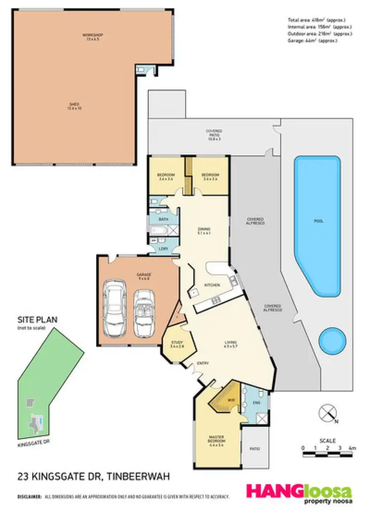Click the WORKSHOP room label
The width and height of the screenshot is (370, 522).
[x=89, y=35]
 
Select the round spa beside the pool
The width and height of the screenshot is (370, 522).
[x=331, y=341]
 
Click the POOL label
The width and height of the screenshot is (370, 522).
[x=319, y=221]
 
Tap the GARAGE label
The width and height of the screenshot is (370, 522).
[x=144, y=274]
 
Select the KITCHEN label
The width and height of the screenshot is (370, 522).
[x=213, y=285]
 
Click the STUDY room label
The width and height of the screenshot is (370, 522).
[x=177, y=342]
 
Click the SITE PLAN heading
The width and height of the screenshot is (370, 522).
[x=37, y=320]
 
